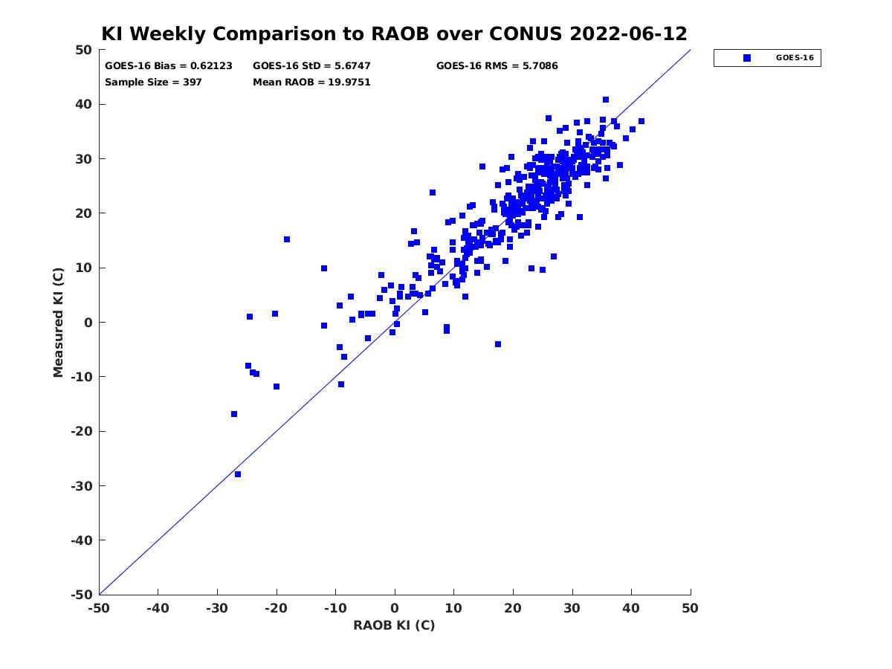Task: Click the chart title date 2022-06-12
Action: pos(628,33)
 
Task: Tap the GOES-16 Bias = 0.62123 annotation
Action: pos(169,66)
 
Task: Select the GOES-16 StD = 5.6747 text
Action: pos(311,66)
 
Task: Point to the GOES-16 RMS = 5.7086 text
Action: pos(497,66)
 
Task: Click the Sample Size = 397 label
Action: pos(153,83)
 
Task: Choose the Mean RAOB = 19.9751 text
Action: pos(311,83)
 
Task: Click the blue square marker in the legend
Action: pos(747,58)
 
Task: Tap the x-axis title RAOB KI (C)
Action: pos(394,625)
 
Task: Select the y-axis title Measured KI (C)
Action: pos(58,322)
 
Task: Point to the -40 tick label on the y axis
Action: pos(82,540)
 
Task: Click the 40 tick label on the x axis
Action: pos(631,608)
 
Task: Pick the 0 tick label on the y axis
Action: pos(88,323)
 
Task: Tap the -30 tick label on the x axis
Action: pos(216,608)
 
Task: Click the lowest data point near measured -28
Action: pos(238,474)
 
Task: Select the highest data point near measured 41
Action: pos(606,100)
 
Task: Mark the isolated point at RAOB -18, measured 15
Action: pos(287,239)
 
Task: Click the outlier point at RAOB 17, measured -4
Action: pos(498,344)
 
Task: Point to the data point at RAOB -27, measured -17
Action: pos(234,414)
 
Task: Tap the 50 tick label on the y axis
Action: pos(84,50)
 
